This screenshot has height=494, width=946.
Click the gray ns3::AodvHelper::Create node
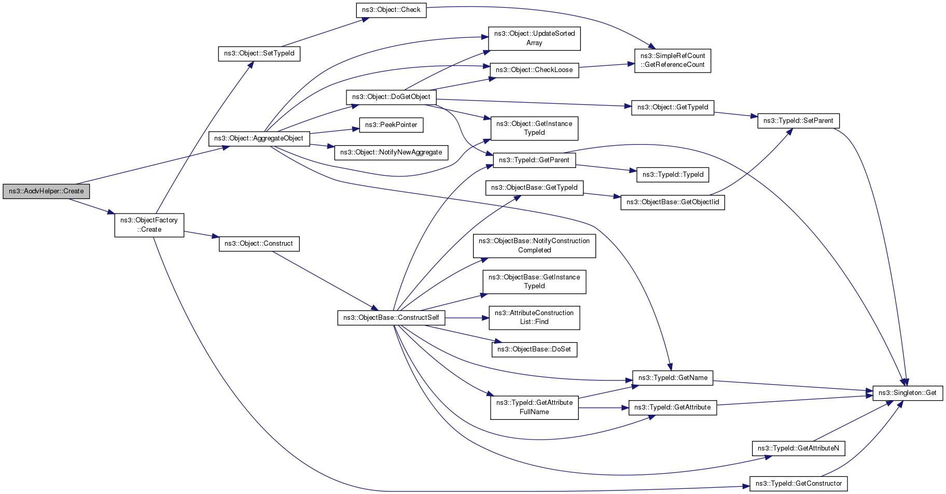[x=46, y=191]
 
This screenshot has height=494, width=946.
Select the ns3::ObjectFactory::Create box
[x=149, y=225]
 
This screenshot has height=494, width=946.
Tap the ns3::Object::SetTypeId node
[x=259, y=53]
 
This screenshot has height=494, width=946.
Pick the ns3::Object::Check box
[x=392, y=10]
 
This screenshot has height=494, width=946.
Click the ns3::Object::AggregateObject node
[x=259, y=138]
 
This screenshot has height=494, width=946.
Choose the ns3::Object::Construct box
[x=259, y=244]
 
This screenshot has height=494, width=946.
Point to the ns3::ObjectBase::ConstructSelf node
[x=392, y=318]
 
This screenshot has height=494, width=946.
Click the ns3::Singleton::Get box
[x=908, y=393]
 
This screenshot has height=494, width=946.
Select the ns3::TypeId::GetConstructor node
[x=799, y=484]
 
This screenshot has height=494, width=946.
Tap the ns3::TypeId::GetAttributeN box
[x=799, y=448]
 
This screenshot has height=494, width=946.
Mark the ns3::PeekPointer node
[x=392, y=125]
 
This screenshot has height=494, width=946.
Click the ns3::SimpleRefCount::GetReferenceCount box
[x=673, y=61]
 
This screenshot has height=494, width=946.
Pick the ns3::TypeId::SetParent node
[x=799, y=121]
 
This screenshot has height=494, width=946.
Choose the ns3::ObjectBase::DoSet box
[x=534, y=349]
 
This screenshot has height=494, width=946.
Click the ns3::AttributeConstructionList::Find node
[x=534, y=317]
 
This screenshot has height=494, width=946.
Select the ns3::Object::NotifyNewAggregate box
[x=392, y=152]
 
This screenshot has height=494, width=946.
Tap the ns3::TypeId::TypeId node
[x=673, y=175]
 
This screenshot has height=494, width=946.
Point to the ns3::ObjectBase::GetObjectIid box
[x=673, y=202]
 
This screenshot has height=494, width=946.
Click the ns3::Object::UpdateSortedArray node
[x=534, y=38]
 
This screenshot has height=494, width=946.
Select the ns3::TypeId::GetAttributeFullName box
[x=534, y=407]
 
